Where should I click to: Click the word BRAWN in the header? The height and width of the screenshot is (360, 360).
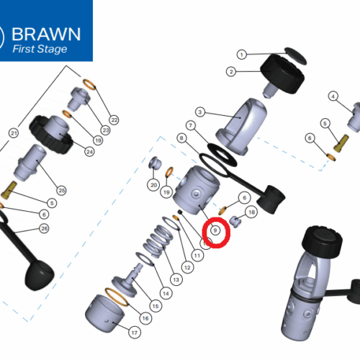click(x=46, y=34)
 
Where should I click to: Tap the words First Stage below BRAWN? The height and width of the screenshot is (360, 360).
click(x=40, y=49)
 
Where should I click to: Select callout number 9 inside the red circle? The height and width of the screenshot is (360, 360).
click(x=215, y=230)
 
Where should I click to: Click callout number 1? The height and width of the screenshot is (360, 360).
click(x=242, y=55)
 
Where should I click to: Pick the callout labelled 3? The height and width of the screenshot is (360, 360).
click(x=200, y=112)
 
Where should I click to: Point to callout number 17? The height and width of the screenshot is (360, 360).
click(x=135, y=333)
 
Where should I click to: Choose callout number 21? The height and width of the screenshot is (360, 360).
click(x=14, y=133)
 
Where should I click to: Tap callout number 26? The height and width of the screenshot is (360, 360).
click(x=44, y=228)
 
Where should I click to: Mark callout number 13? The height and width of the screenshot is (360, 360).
click(x=176, y=279)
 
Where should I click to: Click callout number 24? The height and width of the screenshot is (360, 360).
click(x=89, y=152)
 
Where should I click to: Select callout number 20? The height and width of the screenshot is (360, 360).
click(x=153, y=185)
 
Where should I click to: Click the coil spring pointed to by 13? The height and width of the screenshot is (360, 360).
click(x=158, y=240)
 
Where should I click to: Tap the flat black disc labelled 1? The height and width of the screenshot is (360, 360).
click(x=295, y=55)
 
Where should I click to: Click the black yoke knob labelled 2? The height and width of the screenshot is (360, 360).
click(x=283, y=74)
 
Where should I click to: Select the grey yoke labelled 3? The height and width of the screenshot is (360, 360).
click(x=241, y=127)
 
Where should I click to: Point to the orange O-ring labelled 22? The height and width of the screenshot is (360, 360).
click(x=89, y=84)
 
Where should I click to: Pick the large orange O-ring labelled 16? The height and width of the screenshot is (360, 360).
click(x=117, y=297)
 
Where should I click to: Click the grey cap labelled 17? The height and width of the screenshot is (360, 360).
click(x=104, y=313)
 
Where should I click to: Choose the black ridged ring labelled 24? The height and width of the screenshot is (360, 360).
click(x=51, y=135)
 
